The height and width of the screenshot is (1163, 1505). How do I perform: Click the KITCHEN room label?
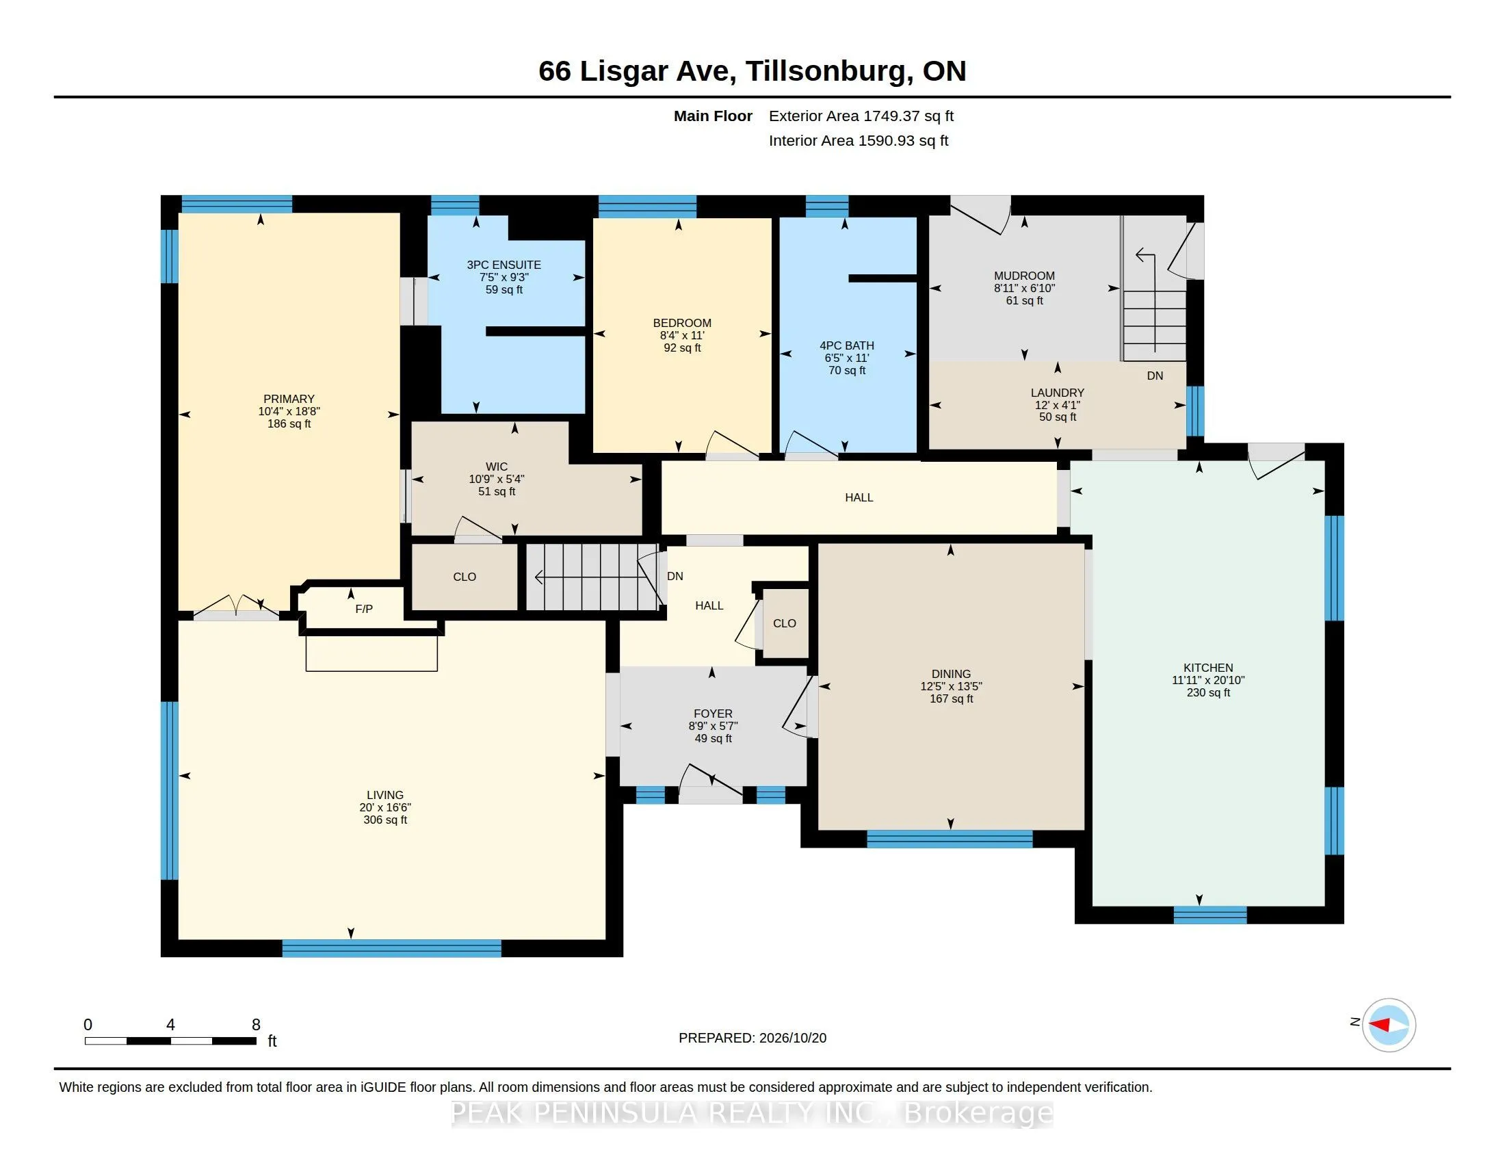pyautogui.click(x=1208, y=668)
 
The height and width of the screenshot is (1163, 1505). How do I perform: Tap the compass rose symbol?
pyautogui.click(x=1389, y=1025)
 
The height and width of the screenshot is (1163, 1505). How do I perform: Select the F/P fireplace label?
pyautogui.click(x=364, y=609)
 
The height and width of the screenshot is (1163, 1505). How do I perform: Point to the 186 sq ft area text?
pyautogui.click(x=289, y=423)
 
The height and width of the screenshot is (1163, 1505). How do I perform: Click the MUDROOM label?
pyautogui.click(x=1024, y=276)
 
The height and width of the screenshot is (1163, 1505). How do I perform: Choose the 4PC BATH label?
pyautogui.click(x=846, y=346)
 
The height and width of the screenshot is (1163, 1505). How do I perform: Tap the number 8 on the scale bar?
pyautogui.click(x=256, y=1025)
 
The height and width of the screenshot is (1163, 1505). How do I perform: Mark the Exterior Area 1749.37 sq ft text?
pyautogui.click(x=861, y=116)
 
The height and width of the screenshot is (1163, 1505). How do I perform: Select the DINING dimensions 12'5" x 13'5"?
pyautogui.click(x=951, y=686)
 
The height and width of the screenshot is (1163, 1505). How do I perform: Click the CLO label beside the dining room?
pyautogui.click(x=784, y=623)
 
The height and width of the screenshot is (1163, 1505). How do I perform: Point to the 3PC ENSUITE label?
pyautogui.click(x=503, y=265)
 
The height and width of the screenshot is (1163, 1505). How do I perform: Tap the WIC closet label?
pyautogui.click(x=496, y=467)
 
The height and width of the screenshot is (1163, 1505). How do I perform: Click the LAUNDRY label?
pyautogui.click(x=1057, y=393)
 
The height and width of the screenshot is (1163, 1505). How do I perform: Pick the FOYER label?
pyautogui.click(x=714, y=714)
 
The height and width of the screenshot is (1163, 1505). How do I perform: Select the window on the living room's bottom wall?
pyautogui.click(x=391, y=948)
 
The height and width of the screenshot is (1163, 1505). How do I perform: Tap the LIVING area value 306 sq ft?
pyautogui.click(x=385, y=820)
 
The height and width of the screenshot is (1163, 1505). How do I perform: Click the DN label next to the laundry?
pyautogui.click(x=1155, y=376)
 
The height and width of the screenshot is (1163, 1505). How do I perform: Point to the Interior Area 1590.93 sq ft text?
pyautogui.click(x=859, y=141)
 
